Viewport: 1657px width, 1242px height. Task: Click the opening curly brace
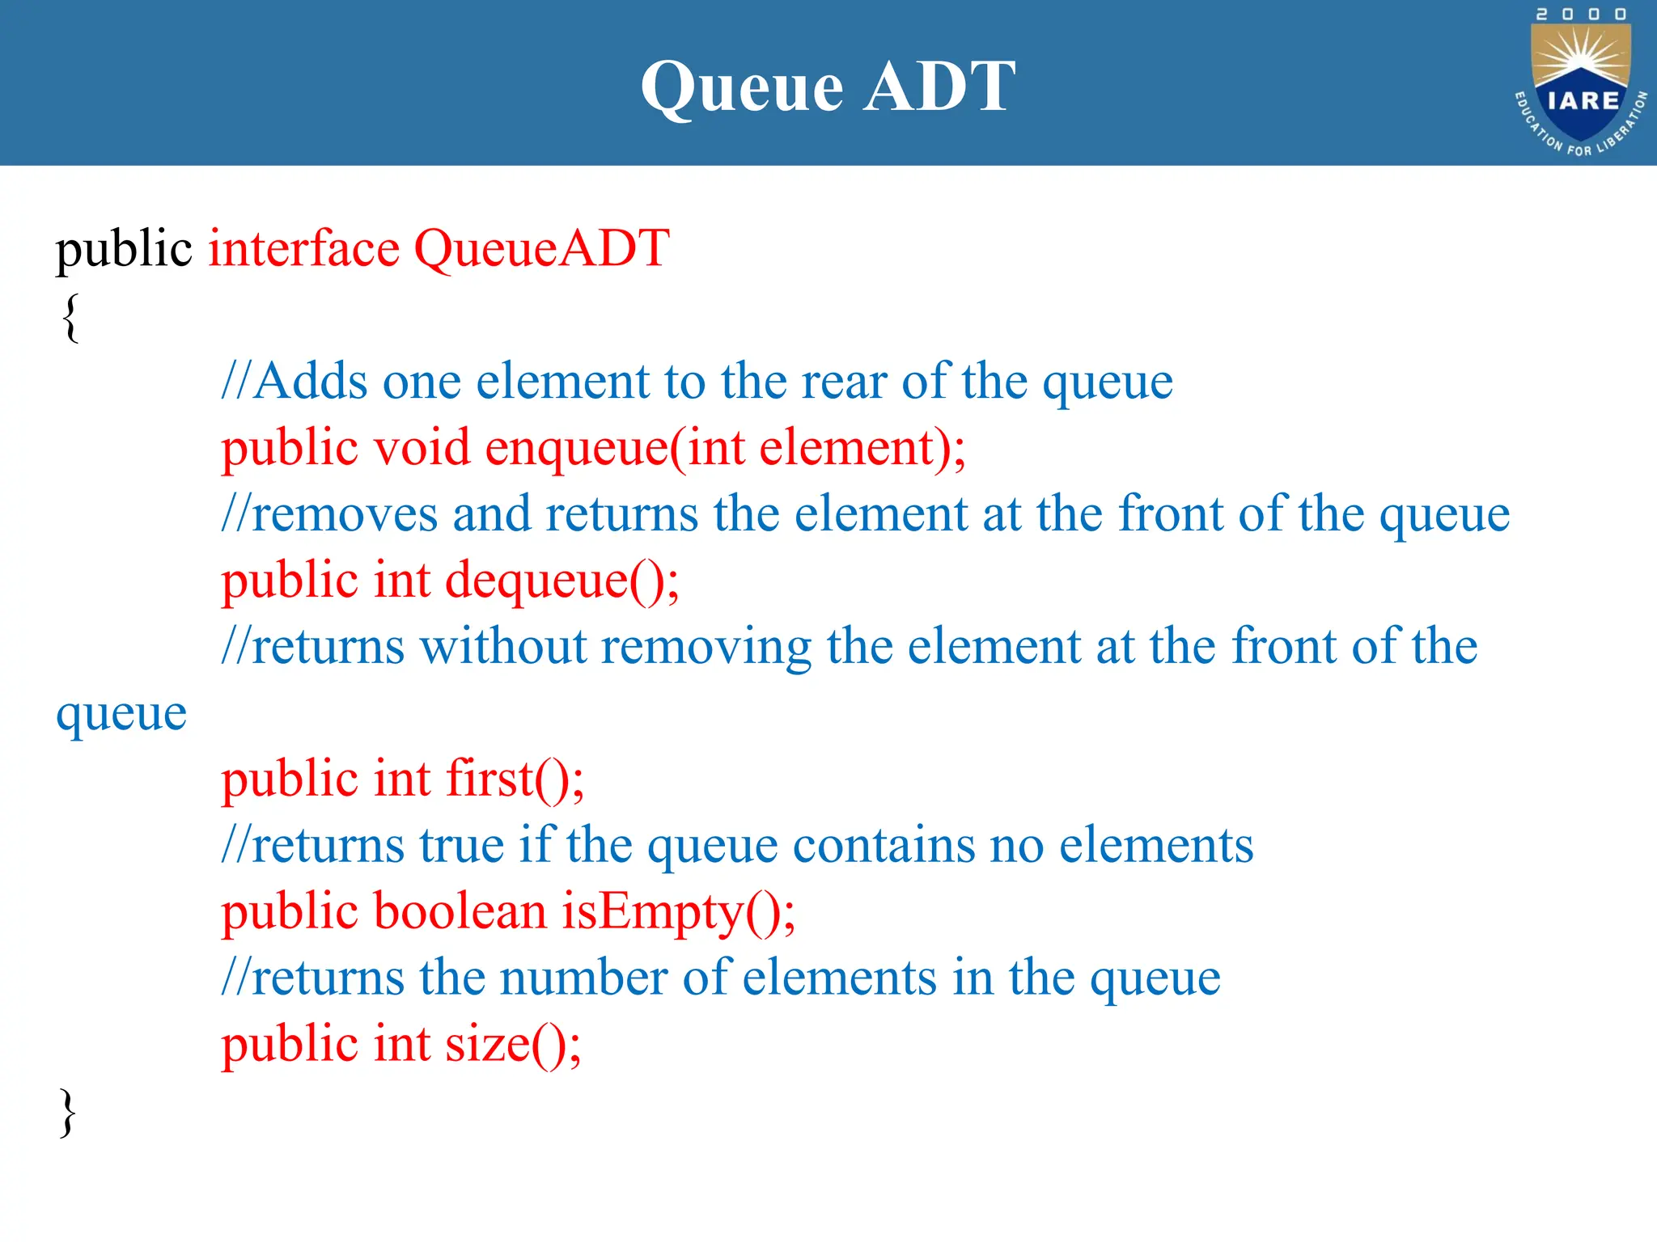pyautogui.click(x=70, y=317)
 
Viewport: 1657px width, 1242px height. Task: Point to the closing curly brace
pyautogui.click(x=68, y=1113)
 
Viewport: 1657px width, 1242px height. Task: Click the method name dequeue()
pyautogui.click(x=562, y=581)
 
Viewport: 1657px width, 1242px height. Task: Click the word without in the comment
pyautogui.click(x=503, y=647)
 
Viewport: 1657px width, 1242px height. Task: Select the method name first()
pyautogui.click(x=515, y=779)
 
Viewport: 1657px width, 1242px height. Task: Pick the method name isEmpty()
pyautogui.click(x=678, y=912)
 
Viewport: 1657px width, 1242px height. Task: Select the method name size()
pyautogui.click(x=513, y=1044)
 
